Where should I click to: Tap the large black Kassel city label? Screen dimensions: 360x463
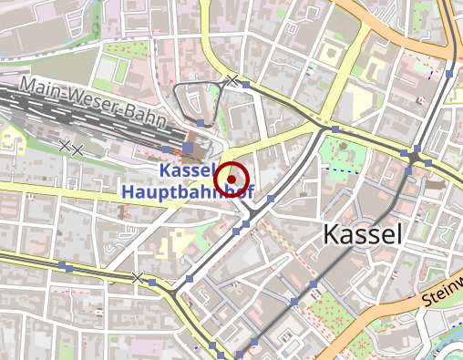click(x=362, y=234)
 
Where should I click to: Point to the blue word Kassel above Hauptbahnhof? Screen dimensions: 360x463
click(x=186, y=171)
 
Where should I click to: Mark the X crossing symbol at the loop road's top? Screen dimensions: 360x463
click(x=232, y=81)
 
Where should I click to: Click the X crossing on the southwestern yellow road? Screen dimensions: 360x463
click(x=138, y=276)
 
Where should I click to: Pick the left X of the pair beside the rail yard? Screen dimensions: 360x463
click(x=65, y=144)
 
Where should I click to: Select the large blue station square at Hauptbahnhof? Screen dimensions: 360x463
click(x=188, y=147)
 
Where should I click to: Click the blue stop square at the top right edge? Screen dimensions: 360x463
click(x=450, y=71)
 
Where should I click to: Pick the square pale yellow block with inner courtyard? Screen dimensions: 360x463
click(x=327, y=54)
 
